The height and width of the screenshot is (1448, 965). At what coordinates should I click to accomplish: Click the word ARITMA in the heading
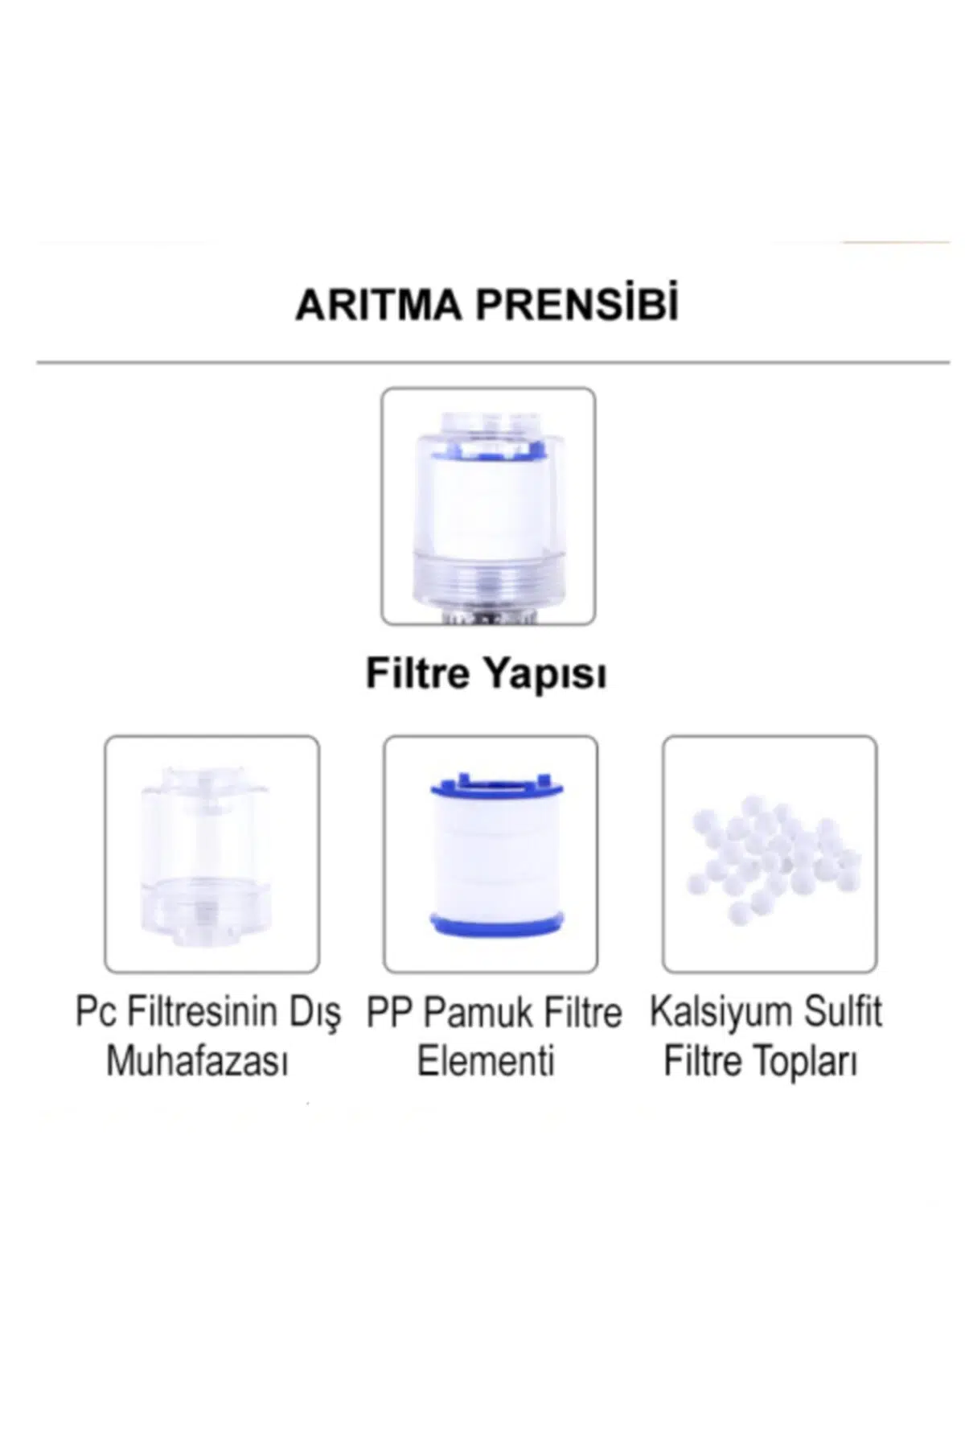click(378, 306)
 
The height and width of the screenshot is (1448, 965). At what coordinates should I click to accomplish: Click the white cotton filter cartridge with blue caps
click(491, 854)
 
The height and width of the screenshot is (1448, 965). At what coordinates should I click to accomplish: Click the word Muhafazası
click(198, 1062)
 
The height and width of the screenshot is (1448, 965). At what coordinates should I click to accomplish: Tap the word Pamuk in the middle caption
click(477, 1013)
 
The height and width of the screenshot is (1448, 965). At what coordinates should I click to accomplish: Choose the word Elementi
click(487, 1062)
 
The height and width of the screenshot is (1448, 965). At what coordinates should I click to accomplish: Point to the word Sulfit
click(847, 1012)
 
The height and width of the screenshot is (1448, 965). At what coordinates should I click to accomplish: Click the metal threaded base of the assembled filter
click(488, 619)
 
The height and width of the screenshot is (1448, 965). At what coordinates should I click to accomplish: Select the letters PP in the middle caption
click(389, 1013)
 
